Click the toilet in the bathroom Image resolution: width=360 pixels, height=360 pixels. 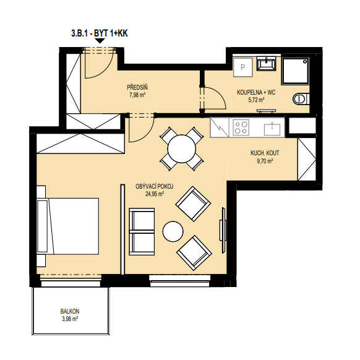pyautogui.click(x=301, y=99)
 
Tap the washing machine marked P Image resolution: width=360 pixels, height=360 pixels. pyautogui.click(x=243, y=67)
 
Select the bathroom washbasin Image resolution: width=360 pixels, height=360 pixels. pyautogui.click(x=267, y=63)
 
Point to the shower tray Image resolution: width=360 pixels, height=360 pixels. pyautogui.click(x=296, y=71)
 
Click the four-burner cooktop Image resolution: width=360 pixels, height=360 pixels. pyautogui.click(x=241, y=127)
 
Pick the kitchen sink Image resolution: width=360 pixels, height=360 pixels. pyautogui.click(x=272, y=129)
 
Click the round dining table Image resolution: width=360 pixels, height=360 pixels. pyautogui.click(x=182, y=149)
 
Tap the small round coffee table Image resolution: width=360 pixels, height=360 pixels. pyautogui.click(x=173, y=231)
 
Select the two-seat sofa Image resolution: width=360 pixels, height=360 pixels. pyautogui.click(x=142, y=232)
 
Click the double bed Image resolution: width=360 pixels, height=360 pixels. pyautogui.click(x=67, y=226)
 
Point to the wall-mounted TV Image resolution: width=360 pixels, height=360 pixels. pyautogui.click(x=223, y=230)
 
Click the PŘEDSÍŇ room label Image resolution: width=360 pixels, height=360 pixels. pyautogui.click(x=137, y=87)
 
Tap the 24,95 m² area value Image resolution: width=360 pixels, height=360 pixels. pyautogui.click(x=155, y=194)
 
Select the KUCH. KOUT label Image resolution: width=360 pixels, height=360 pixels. pyautogui.click(x=265, y=153)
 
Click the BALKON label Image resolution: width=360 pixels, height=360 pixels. pyautogui.click(x=70, y=311)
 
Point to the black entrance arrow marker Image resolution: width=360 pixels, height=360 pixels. pyautogui.click(x=100, y=41)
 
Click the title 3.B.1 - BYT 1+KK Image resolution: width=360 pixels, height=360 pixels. pyautogui.click(x=100, y=33)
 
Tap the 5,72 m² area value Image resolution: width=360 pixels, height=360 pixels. pyautogui.click(x=256, y=100)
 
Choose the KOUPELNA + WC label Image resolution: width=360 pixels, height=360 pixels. pyautogui.click(x=256, y=93)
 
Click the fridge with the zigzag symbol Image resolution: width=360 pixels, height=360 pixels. pyautogui.click(x=220, y=127)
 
